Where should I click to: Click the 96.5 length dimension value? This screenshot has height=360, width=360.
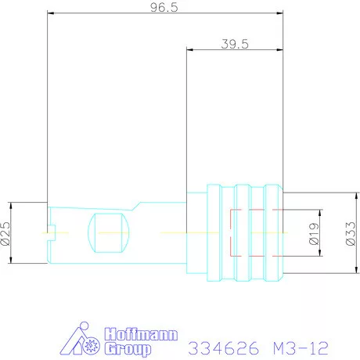coord(164,8)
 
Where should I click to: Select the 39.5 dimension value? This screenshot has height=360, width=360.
coord(235,44)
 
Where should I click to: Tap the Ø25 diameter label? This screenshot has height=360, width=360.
coord(5,233)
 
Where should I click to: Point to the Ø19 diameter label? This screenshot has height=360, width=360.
coord(314,234)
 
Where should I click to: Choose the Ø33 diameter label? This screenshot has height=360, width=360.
coord(351,233)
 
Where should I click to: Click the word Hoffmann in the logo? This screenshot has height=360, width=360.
coord(141,334)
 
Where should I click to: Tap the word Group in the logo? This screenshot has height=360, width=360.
coord(128,349)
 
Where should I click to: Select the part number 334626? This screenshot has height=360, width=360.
coord(224,347)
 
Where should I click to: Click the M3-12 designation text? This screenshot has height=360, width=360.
coord(301,347)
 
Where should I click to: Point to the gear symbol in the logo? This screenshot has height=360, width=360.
coord(92,346)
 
